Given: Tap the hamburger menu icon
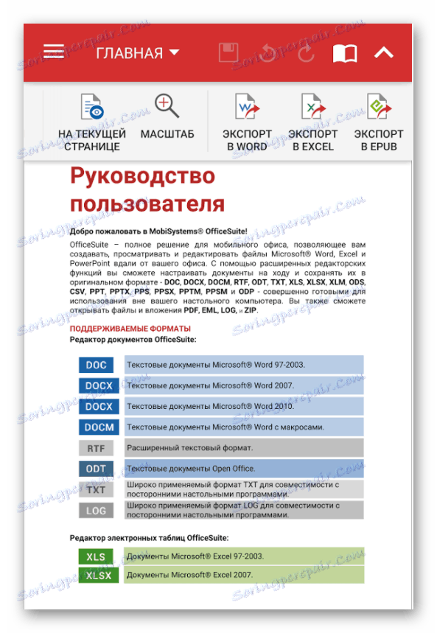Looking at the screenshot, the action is (54, 52).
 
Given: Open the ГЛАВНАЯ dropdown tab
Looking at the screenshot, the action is (138, 53).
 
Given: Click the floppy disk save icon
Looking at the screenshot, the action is (228, 53).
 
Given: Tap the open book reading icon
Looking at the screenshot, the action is (344, 53).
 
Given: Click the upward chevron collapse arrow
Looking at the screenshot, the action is (383, 53).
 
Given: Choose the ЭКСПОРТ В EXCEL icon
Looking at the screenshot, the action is (312, 108).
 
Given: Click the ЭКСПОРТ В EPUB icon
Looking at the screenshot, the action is (378, 108).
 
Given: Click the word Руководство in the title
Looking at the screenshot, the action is (142, 177).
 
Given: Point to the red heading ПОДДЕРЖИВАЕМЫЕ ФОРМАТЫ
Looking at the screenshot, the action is (130, 329).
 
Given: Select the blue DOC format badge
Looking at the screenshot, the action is (96, 365).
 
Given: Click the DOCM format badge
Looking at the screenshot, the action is (99, 427).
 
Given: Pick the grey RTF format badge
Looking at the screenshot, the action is (96, 448).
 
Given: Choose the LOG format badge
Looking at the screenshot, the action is (96, 511).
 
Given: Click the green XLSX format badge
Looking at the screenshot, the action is (99, 576).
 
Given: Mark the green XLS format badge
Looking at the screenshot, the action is (96, 556).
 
